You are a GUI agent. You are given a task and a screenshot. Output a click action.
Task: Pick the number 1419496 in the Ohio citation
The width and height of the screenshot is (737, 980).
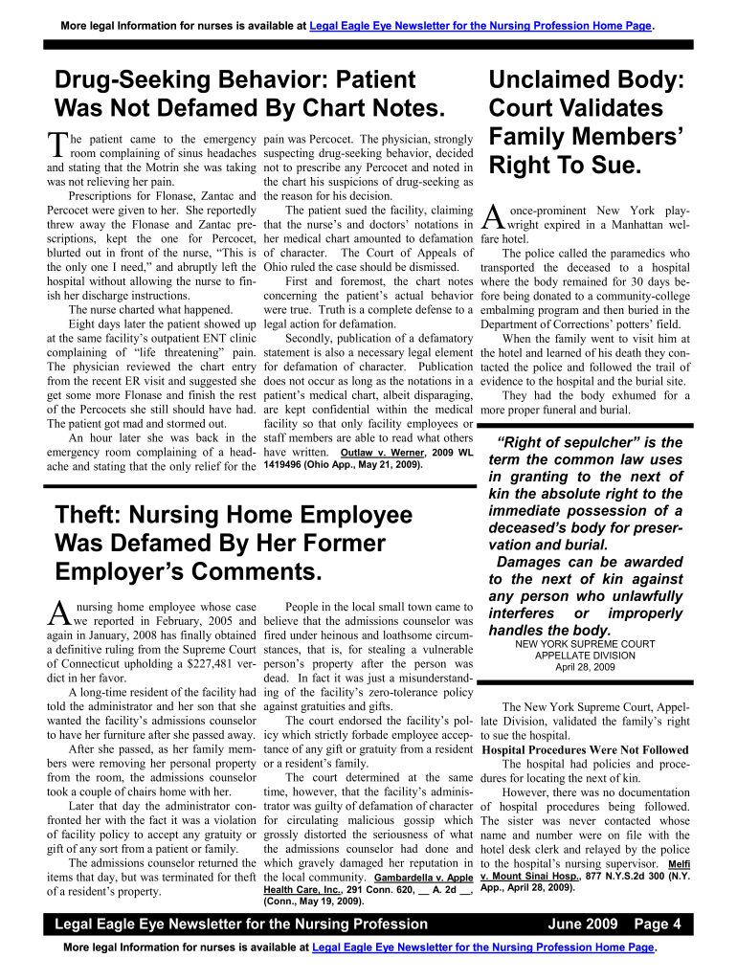click(288, 465)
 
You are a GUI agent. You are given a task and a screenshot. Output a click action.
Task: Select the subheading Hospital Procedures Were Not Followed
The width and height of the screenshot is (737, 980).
click(585, 749)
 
